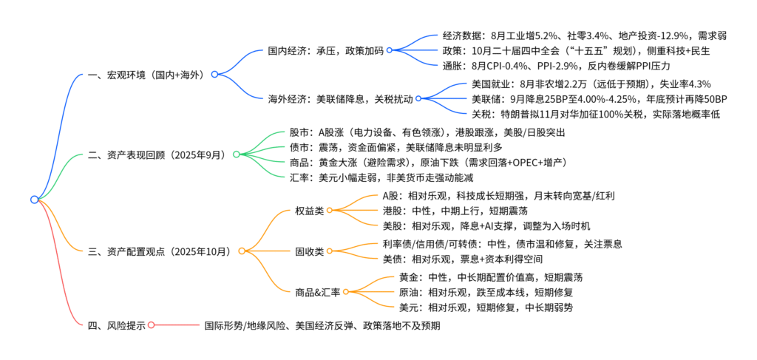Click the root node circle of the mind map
(34, 199)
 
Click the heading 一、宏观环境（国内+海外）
(147, 75)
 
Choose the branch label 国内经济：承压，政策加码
(325, 52)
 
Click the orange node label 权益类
(310, 211)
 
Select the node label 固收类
(310, 251)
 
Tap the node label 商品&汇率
(318, 292)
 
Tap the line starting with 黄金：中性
(490, 278)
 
